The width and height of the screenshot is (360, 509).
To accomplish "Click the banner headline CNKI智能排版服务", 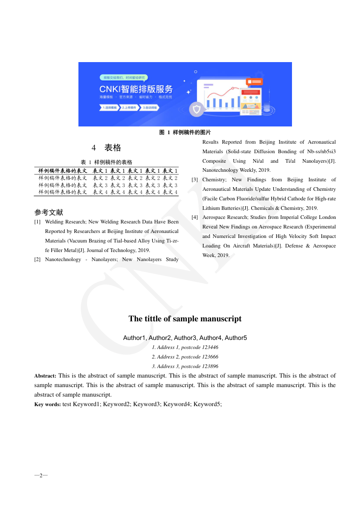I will [x=136, y=89].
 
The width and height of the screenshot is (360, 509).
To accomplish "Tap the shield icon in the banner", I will [x=196, y=109].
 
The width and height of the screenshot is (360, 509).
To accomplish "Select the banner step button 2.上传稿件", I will [x=130, y=108].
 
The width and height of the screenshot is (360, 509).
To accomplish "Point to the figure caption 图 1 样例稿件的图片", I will [x=185, y=132].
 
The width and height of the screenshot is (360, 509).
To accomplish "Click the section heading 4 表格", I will [x=107, y=148].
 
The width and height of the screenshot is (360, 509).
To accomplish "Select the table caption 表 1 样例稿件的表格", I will [x=107, y=162].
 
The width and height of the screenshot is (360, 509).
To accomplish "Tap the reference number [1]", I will [x=38, y=222].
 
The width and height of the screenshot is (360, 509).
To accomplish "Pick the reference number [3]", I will [x=195, y=180].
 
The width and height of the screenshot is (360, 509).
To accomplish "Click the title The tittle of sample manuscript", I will [x=185, y=319].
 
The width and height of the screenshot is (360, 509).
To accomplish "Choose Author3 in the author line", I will [x=185, y=338].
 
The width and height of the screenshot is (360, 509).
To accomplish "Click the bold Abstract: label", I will [x=45, y=376].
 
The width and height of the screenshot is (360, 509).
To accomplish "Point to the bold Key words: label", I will [x=48, y=404].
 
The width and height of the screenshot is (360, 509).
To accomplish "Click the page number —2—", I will [x=41, y=475].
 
